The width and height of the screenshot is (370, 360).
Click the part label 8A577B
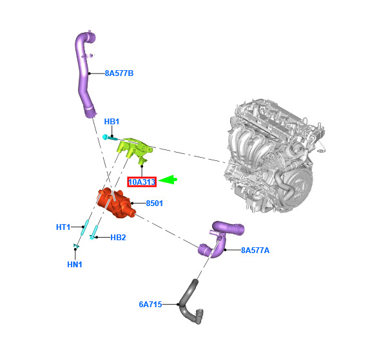point(119,73)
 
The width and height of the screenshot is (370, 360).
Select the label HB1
point(112,122)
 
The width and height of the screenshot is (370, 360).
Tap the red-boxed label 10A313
point(142,182)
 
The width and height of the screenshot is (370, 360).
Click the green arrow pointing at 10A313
point(168,180)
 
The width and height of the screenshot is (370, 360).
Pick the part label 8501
point(154,204)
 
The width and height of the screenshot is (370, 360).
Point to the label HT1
point(63,227)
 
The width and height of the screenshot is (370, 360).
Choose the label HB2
point(118,238)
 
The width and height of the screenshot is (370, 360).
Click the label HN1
point(75,265)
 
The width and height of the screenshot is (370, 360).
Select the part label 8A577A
point(255,250)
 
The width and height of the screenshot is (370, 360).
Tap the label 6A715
point(150,305)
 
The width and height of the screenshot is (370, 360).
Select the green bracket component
point(135,149)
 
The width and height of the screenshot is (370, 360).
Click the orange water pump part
point(116,203)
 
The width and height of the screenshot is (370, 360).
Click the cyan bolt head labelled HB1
point(105,137)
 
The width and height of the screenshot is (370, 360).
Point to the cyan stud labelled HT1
point(84,227)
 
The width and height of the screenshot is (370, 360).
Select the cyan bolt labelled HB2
point(94,232)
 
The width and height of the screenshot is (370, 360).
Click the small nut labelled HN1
point(76,246)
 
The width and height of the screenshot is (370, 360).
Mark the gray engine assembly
point(274,156)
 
